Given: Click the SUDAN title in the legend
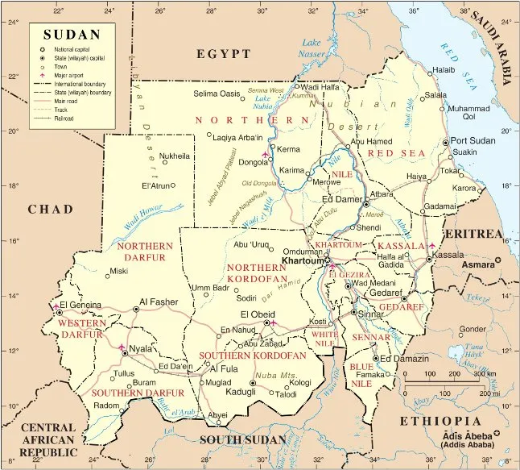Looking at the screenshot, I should point(72,35).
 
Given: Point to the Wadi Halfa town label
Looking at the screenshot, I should point(320,86).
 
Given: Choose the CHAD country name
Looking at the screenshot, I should point(51,210).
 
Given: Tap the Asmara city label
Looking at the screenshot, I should point(477,264).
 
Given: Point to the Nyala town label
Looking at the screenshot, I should point(141,349).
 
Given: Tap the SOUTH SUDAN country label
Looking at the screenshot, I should point(242,439).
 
